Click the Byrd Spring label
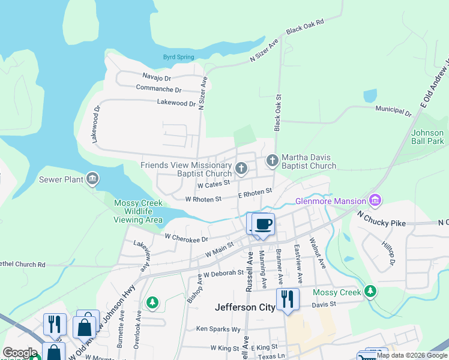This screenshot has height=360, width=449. [x=178, y=57]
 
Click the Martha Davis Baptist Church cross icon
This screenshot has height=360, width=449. [x=272, y=160]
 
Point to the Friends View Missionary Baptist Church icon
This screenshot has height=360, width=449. [x=241, y=168]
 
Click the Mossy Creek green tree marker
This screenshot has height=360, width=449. [x=370, y=292]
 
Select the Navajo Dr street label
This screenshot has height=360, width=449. [x=157, y=77]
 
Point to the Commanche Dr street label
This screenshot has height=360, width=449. [x=158, y=89]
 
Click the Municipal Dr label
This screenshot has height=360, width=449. [x=393, y=110]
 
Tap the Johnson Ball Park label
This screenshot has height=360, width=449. [x=427, y=137]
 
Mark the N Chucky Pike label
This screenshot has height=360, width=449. [x=381, y=218]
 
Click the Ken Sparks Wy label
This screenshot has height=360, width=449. [x=218, y=329]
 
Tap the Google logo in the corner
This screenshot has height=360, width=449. [x=20, y=353]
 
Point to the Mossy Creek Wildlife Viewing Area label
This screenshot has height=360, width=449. [x=138, y=212]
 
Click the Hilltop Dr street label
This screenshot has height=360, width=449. [x=388, y=253]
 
